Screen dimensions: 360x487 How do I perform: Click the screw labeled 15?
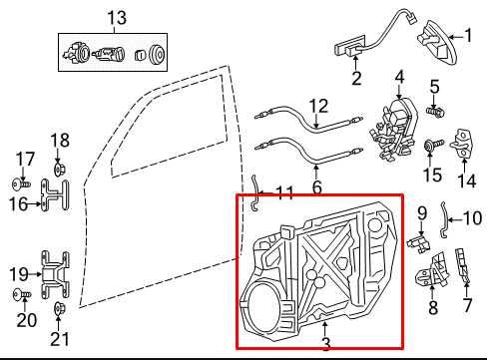pyautogui.click(x=430, y=147)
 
